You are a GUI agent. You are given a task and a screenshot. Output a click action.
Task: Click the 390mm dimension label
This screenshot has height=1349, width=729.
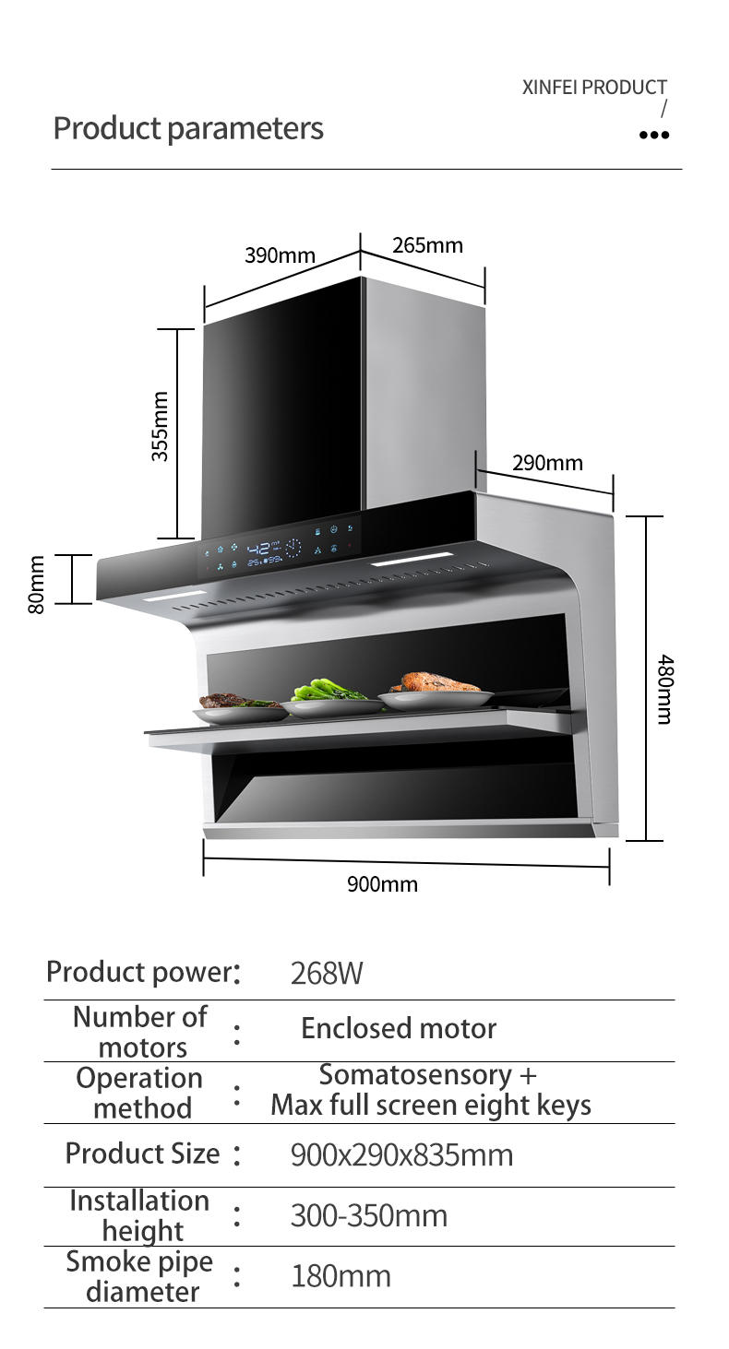[x=280, y=255]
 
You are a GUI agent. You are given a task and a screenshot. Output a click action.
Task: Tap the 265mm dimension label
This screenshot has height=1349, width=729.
[x=427, y=245]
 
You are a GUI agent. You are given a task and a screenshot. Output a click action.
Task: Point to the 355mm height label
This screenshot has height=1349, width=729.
[x=161, y=425]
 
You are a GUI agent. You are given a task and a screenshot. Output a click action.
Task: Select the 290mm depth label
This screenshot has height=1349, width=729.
[x=547, y=463]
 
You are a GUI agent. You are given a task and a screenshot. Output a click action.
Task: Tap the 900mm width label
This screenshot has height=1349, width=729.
[x=382, y=884]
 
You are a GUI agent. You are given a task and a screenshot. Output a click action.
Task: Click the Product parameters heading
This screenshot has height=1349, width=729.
[x=188, y=128]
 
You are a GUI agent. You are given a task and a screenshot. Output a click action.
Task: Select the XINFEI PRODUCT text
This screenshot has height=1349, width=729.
[x=594, y=88]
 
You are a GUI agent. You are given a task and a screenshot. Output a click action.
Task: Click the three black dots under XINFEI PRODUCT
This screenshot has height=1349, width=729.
[x=653, y=136]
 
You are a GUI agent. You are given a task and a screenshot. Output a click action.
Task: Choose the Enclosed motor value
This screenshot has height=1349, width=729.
[x=399, y=1028]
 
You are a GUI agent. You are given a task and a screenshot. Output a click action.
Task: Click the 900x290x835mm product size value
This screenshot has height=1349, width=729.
[x=401, y=1154]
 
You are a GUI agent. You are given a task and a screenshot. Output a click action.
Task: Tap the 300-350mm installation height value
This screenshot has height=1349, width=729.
[x=369, y=1216]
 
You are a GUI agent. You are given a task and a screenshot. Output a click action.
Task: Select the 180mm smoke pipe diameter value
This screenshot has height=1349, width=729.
[x=341, y=1277]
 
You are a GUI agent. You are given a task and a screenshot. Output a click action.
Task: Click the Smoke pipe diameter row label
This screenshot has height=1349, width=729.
[x=139, y=1276]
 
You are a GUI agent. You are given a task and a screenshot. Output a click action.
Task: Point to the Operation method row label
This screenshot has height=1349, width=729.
[x=139, y=1093]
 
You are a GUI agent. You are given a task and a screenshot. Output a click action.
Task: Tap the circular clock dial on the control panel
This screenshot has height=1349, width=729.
[x=293, y=549]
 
